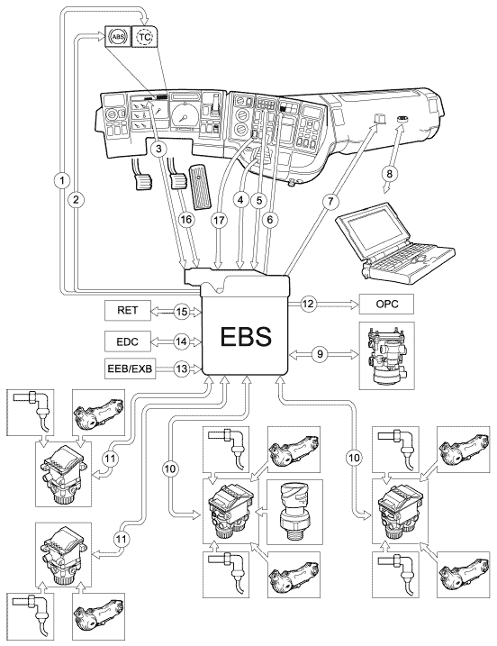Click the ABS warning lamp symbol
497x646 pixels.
coord(118,38)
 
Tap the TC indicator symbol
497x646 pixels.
coord(144,38)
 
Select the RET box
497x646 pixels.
coord(128,310)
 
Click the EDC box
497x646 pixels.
coord(128,341)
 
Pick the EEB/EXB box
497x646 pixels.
coord(131,368)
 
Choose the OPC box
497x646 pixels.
coord(387,304)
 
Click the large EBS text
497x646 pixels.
coord(246,336)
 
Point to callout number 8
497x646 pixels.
coord(389,174)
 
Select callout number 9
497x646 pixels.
coord(320,355)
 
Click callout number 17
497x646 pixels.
coord(219,221)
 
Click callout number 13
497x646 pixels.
coord(181,368)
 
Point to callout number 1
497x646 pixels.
coord(62,180)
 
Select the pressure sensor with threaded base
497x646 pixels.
coord(294,511)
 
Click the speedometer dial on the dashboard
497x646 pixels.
coord(185,115)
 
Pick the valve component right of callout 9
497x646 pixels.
coord(386,356)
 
